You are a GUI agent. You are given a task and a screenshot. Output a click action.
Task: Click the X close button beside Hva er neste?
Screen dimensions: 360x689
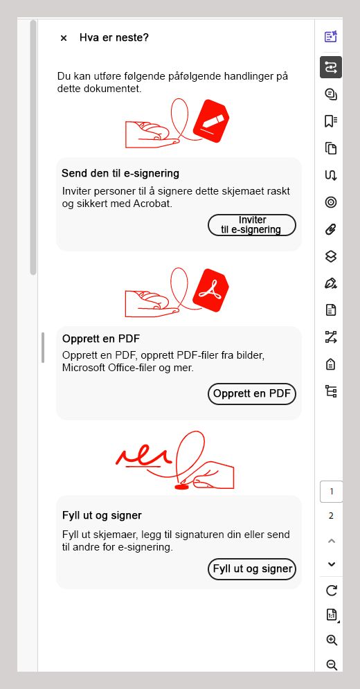coord(64,38)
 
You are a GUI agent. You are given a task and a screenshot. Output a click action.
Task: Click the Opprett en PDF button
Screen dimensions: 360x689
coord(252,394)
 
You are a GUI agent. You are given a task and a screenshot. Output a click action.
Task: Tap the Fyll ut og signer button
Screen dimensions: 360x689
coord(252,569)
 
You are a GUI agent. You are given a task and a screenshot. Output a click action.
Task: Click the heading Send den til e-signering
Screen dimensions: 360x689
coord(120,173)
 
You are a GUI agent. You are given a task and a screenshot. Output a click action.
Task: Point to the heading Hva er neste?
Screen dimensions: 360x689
coord(114,38)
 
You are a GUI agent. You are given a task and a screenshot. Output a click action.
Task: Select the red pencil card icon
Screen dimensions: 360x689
coord(211,121)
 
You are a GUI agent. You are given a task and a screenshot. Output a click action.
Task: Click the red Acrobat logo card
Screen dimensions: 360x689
coord(210,290)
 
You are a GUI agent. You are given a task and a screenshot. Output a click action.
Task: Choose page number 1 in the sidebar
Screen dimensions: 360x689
coord(332,491)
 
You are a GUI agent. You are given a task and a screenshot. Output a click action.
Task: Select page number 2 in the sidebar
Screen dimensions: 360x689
coord(332,516)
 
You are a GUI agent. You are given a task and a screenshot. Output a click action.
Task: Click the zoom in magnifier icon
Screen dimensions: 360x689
coord(332,640)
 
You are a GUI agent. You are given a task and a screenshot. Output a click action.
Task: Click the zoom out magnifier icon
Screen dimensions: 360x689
coord(332,665)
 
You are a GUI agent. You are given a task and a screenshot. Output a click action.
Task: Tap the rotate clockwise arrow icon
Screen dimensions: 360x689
coord(332,590)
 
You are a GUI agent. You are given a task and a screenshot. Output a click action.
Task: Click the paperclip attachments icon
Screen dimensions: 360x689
coord(330,229)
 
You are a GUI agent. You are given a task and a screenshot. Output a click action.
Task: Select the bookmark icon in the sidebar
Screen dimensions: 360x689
coord(330,121)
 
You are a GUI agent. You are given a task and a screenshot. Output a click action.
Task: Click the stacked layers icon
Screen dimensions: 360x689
coord(330,257)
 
